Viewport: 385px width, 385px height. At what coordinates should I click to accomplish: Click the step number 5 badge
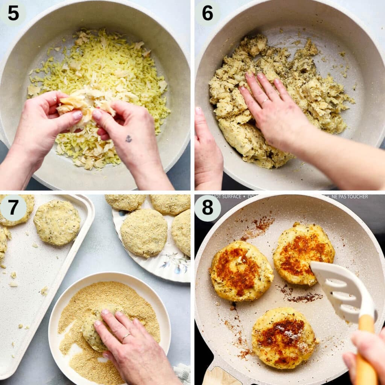(13, 13)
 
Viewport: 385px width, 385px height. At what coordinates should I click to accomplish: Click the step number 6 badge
(208, 13)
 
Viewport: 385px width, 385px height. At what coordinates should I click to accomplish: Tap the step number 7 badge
(13, 208)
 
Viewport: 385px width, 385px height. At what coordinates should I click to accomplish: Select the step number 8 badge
(208, 208)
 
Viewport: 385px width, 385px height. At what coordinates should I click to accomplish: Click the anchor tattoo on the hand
(129, 138)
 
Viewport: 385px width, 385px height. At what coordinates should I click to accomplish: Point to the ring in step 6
(265, 101)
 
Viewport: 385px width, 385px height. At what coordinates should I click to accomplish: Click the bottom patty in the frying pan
(283, 338)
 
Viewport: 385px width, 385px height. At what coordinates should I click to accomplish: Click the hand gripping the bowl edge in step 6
(208, 150)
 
